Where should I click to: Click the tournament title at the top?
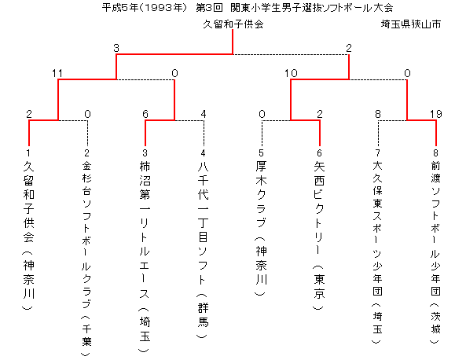coord(248,8)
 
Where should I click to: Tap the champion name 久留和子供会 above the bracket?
coord(233,24)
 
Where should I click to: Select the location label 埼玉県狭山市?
coord(411,24)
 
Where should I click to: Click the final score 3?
coord(116,48)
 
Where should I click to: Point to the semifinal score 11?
coord(57,73)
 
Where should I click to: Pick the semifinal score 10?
coord(291,73)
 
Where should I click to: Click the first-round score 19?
coord(436,114)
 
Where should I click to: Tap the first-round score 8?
coord(378,114)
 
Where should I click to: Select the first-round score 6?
coord(145,114)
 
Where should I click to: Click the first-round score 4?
coord(204,114)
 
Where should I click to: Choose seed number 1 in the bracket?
coord(28,153)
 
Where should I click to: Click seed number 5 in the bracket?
coord(261,153)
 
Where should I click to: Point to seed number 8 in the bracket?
coord(435,153)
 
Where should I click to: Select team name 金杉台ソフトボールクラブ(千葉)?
coord(86,259)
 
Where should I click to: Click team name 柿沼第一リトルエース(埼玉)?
coord(145,256)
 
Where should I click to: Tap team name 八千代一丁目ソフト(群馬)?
coord(203,250)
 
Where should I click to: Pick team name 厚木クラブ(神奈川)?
coord(261,228)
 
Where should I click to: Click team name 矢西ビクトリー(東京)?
coord(319,236)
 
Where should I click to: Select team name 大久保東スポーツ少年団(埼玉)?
coord(377,252)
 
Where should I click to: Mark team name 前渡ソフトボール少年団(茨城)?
coord(435,252)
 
